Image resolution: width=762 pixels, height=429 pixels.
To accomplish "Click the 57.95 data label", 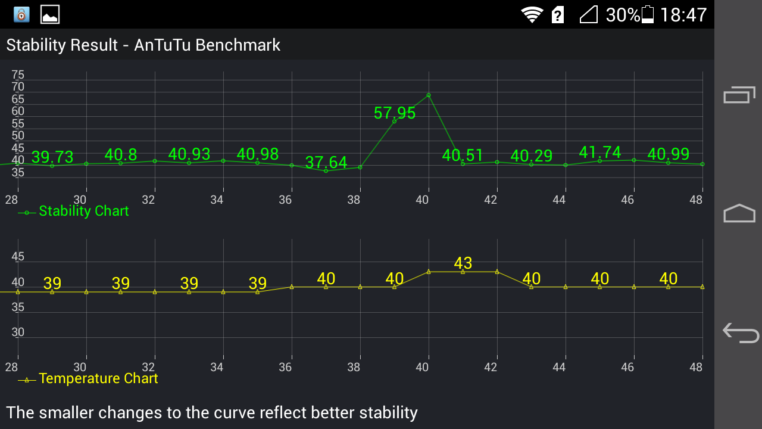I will coord(395,113).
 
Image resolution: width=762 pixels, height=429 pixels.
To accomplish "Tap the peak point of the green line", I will coord(429,95).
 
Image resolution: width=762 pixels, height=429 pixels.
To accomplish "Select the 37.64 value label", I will coord(326,162).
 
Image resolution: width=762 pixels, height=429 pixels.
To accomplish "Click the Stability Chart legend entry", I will coord(83,212).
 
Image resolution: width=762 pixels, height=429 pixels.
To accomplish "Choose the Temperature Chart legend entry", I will coord(98,379).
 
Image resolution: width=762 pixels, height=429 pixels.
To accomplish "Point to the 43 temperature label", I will coord(463,263).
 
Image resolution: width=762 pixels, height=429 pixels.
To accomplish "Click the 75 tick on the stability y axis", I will coord(18,75).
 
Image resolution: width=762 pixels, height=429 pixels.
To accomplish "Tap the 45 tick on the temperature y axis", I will coord(18,257).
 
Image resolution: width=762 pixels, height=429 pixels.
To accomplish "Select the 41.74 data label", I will coord(600,153).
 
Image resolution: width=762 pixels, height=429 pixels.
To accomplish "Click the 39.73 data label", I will coord(52,157).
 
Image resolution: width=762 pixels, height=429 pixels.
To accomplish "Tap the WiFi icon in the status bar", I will coord(532,14).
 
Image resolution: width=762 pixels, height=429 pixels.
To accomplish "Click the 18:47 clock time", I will coord(683,15).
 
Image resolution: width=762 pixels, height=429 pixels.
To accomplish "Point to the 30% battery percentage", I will coord(623,15).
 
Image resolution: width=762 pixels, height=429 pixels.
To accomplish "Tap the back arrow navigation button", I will coord(740,332).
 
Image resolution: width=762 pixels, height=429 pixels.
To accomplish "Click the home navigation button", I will coord(739,213).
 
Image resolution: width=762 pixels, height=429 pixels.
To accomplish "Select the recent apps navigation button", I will coord(739,95).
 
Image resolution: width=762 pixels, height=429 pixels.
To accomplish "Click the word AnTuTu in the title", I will coord(160,45).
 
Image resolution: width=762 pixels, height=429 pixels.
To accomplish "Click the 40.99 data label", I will coord(669,154).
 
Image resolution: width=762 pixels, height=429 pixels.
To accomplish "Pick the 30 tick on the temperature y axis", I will coord(18,332).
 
